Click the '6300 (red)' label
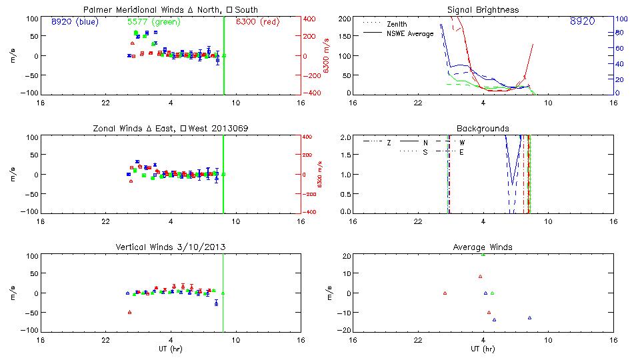tap(257, 21)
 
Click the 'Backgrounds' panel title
tap(483, 128)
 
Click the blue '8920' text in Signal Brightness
tap(582, 21)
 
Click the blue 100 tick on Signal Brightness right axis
tap(620, 19)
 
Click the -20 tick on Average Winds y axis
tap(344, 329)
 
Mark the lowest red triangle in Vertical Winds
tap(129, 312)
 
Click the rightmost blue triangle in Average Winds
tap(529, 317)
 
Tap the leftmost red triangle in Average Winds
tap(445, 293)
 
